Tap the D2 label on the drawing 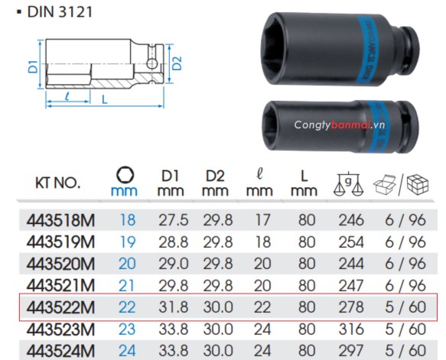pos(176,66)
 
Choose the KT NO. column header pos(58,183)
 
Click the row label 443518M pos(60,221)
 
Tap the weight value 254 pos(350,242)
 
